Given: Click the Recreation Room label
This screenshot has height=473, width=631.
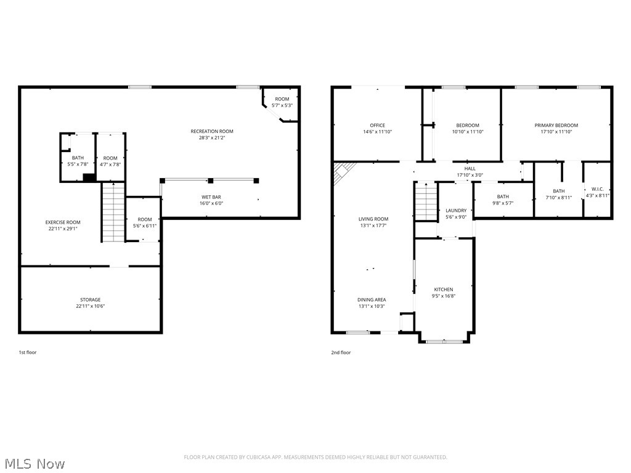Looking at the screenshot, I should (x=212, y=131).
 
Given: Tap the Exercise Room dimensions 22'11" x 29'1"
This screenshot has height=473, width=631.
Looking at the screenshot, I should (x=62, y=228).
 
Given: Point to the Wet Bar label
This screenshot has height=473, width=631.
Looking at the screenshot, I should (x=211, y=197).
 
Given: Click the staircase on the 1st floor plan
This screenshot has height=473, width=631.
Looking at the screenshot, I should (x=113, y=212).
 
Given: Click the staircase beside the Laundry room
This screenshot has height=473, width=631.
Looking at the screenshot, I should (x=425, y=201).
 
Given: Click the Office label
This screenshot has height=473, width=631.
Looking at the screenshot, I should (x=377, y=126).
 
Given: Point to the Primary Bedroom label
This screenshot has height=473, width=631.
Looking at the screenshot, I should (x=556, y=126).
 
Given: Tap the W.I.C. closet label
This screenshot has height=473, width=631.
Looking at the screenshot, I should (x=597, y=189).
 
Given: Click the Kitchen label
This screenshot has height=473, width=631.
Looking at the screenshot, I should (x=444, y=289).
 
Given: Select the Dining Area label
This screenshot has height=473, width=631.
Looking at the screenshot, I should (x=372, y=300).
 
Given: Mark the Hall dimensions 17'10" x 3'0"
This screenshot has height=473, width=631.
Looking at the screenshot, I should (x=470, y=175).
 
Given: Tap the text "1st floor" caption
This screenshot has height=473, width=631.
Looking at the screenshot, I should (x=28, y=353).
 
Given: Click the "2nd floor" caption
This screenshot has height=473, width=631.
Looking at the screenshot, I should (x=341, y=353).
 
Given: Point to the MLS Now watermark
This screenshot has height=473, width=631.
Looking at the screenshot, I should (x=33, y=463).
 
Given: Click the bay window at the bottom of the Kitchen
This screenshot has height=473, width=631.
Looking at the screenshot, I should (x=444, y=341).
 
